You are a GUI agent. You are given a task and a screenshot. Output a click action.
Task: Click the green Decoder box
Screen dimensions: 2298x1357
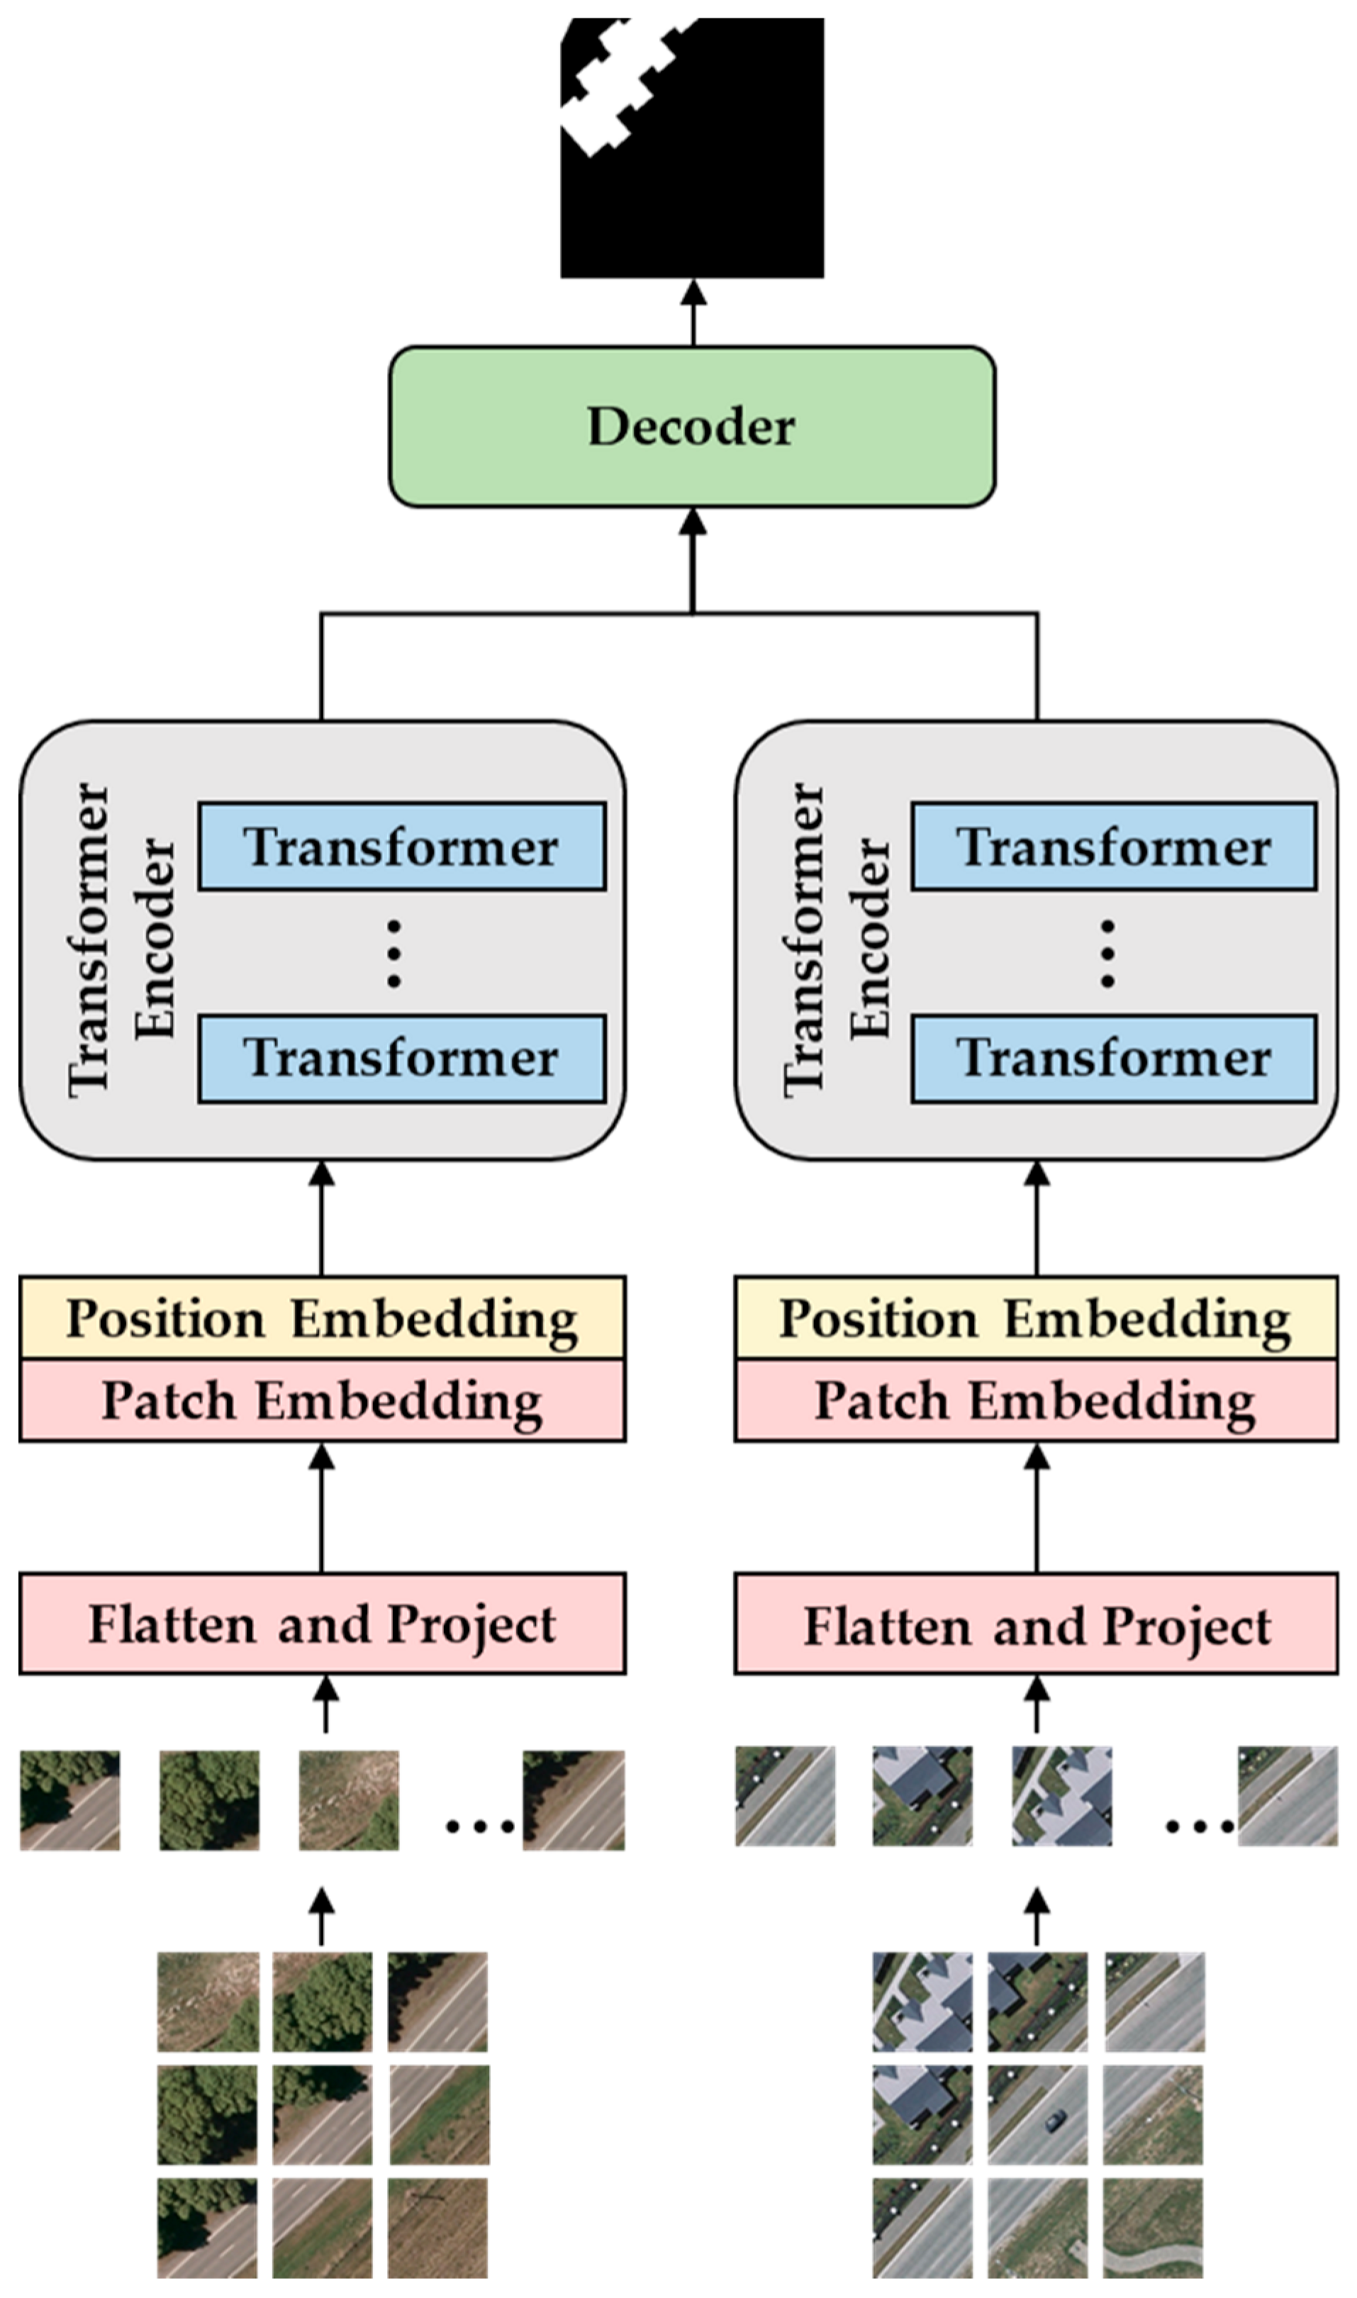[692, 426]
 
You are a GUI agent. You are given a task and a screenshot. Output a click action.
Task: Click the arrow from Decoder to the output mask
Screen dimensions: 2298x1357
[693, 312]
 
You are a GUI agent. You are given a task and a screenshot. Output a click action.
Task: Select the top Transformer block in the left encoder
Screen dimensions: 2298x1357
[402, 847]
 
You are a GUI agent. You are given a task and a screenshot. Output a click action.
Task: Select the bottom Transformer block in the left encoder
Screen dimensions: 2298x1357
[402, 1058]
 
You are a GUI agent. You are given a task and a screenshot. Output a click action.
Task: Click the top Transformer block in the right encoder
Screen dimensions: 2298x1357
[1114, 847]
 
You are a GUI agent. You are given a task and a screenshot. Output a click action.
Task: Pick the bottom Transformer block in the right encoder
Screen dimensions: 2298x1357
[1114, 1058]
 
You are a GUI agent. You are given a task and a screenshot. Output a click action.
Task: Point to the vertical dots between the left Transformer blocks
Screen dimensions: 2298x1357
[394, 953]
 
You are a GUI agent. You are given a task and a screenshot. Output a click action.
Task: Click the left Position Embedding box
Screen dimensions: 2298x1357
[322, 1317]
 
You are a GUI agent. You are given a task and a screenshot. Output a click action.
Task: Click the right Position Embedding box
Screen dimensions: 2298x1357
[1036, 1317]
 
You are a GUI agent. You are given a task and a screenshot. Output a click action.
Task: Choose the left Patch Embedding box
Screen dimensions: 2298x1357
[322, 1400]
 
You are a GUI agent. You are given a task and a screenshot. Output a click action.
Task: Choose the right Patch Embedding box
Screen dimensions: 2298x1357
[1036, 1400]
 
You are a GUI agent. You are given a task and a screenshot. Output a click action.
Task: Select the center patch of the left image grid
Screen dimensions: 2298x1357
[322, 2114]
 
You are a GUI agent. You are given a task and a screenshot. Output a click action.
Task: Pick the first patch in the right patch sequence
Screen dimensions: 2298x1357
[786, 1796]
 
